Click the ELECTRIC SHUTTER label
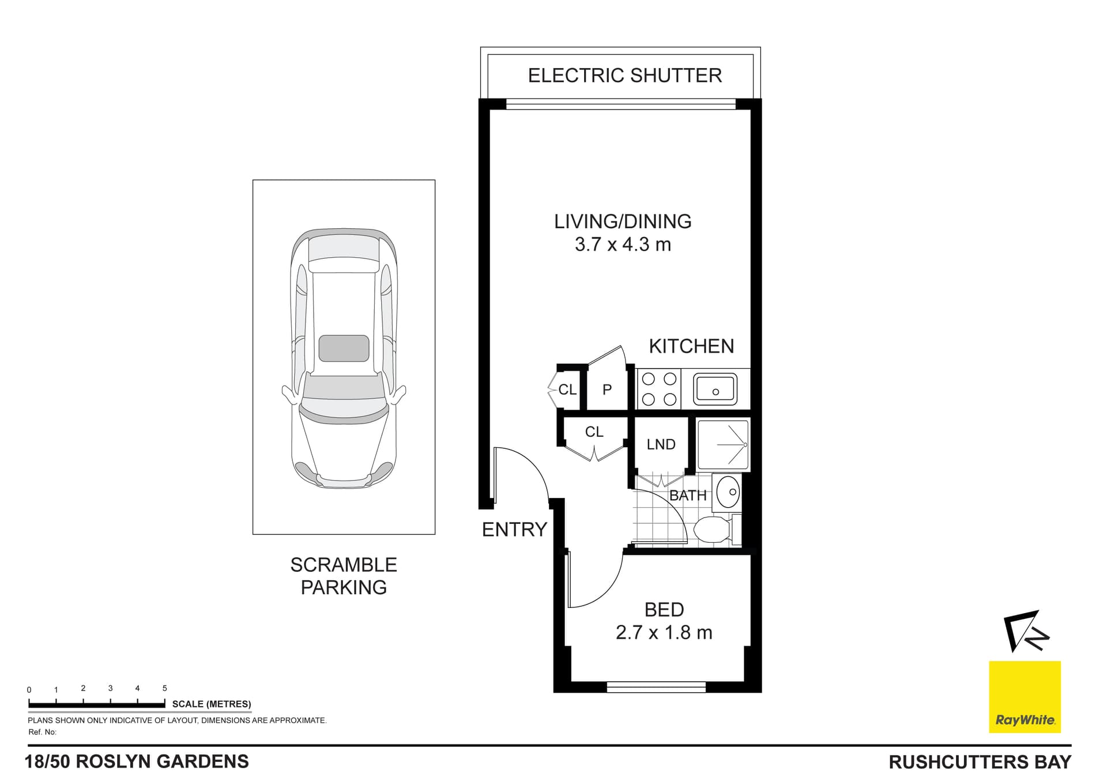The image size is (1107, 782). point(624,75)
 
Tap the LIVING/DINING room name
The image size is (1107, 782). point(623,221)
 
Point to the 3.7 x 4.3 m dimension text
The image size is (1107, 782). point(623,244)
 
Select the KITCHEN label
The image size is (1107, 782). point(691,346)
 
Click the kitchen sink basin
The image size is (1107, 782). point(715,388)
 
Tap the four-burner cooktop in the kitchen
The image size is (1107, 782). point(659,389)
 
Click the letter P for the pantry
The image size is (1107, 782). point(607,390)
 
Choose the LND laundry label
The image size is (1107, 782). point(661,444)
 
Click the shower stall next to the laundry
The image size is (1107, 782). point(723,444)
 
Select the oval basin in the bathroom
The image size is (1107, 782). point(728,492)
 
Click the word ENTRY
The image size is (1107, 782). point(514,529)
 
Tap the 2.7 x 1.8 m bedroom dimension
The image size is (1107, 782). point(664,633)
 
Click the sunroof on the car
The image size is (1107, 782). point(344,348)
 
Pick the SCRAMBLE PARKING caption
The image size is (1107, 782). point(344,576)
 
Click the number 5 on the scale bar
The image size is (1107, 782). point(164,688)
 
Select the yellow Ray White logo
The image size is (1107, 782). point(1025,697)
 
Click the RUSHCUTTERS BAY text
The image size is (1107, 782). point(980,762)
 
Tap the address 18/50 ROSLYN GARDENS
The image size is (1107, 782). point(137,761)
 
